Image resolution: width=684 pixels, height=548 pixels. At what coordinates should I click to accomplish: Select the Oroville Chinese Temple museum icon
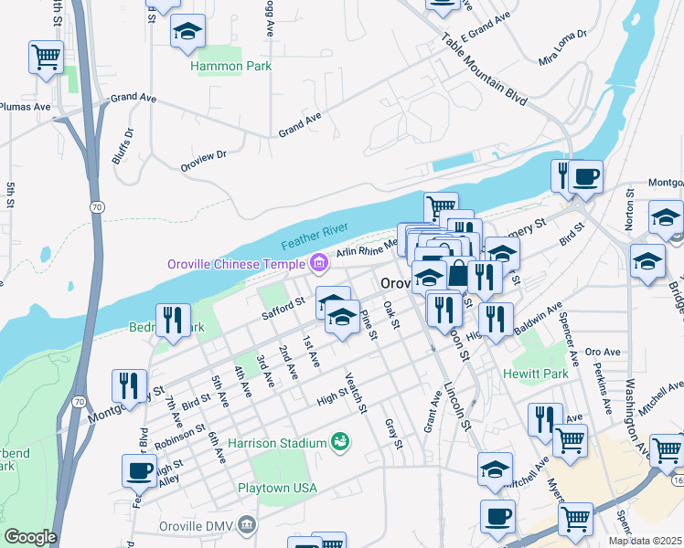(x=318, y=264)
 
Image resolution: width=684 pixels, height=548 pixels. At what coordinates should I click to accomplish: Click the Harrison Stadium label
(x=277, y=443)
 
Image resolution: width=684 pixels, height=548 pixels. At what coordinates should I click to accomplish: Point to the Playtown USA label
(x=277, y=488)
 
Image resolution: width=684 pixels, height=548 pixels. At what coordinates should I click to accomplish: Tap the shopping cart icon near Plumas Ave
(x=46, y=58)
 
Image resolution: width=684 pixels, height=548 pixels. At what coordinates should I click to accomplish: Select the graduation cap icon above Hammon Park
(x=188, y=32)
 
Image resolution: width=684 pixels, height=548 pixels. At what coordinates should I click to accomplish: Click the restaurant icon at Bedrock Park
(x=173, y=320)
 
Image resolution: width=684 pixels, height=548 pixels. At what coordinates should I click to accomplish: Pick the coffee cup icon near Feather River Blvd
(x=139, y=471)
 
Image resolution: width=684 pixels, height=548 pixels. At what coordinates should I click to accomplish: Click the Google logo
(x=30, y=537)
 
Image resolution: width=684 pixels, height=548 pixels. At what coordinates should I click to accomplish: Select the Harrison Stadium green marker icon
(x=340, y=442)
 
